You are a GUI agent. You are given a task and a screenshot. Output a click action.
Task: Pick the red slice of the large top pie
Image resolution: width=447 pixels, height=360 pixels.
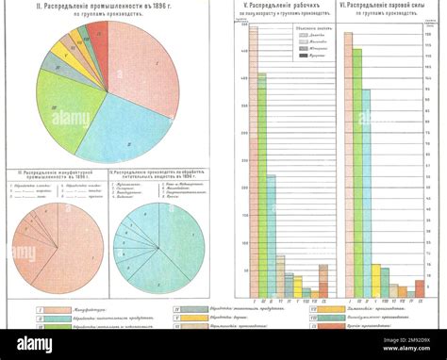click(98, 36)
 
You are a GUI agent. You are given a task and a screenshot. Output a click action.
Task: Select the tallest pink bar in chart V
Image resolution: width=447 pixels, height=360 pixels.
click(254, 160)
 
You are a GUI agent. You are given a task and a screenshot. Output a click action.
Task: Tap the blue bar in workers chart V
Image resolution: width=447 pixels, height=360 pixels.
click(272, 236)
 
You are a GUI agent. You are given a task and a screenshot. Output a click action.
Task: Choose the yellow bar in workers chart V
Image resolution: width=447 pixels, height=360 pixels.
click(297, 287)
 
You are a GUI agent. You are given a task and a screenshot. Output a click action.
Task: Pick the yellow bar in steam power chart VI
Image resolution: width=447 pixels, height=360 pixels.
click(375, 281)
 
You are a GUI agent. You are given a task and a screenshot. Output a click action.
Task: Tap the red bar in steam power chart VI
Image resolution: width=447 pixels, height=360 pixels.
click(420, 288)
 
